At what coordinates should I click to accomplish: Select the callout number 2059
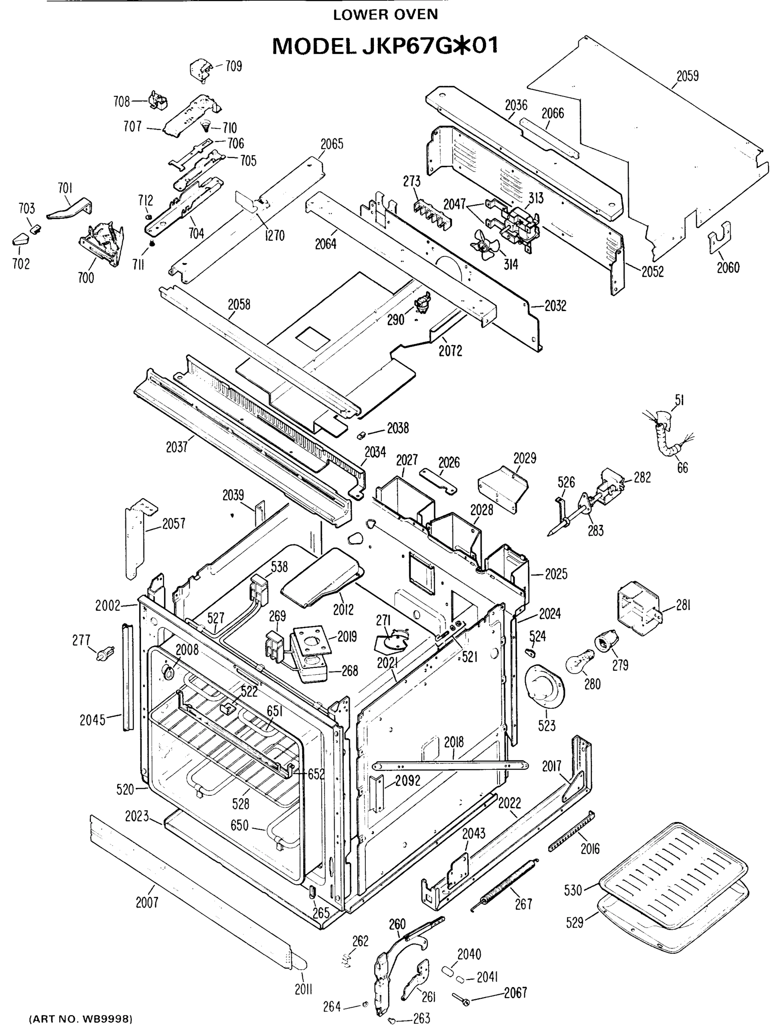point(687,76)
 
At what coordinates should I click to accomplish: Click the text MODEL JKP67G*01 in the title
point(385,46)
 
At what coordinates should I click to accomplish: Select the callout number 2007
point(147,902)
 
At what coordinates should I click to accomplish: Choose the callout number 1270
point(274,236)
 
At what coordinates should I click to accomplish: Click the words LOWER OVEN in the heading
point(385,15)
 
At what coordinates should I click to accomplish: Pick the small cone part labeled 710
point(205,125)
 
